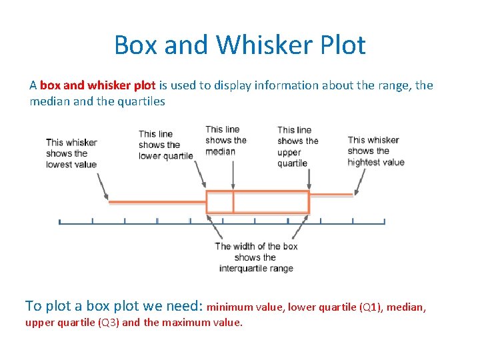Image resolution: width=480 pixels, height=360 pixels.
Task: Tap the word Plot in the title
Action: point(339,45)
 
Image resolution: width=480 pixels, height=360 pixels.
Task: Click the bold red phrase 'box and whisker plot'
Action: point(97,85)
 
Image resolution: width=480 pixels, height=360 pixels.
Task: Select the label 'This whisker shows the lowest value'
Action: point(71,153)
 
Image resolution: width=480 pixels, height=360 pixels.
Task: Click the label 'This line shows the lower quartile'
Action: point(165,145)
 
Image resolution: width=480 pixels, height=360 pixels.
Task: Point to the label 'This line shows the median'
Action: point(225,140)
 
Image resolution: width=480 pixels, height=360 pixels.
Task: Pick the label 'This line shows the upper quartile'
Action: point(297,146)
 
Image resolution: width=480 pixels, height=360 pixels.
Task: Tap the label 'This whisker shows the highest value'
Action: point(375,151)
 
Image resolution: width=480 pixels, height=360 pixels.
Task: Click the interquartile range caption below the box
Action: point(256,257)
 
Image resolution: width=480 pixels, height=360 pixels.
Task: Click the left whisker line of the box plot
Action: point(157,201)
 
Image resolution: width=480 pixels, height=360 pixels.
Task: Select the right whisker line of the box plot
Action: point(331,195)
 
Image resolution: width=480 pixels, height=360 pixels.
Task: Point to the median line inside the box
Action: point(233,202)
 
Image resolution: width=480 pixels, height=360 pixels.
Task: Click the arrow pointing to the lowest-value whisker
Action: point(103,186)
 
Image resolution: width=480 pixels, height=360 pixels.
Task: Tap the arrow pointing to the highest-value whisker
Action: point(360,181)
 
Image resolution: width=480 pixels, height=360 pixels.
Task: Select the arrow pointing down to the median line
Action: point(233,175)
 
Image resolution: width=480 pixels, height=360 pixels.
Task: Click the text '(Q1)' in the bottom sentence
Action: point(371,307)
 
